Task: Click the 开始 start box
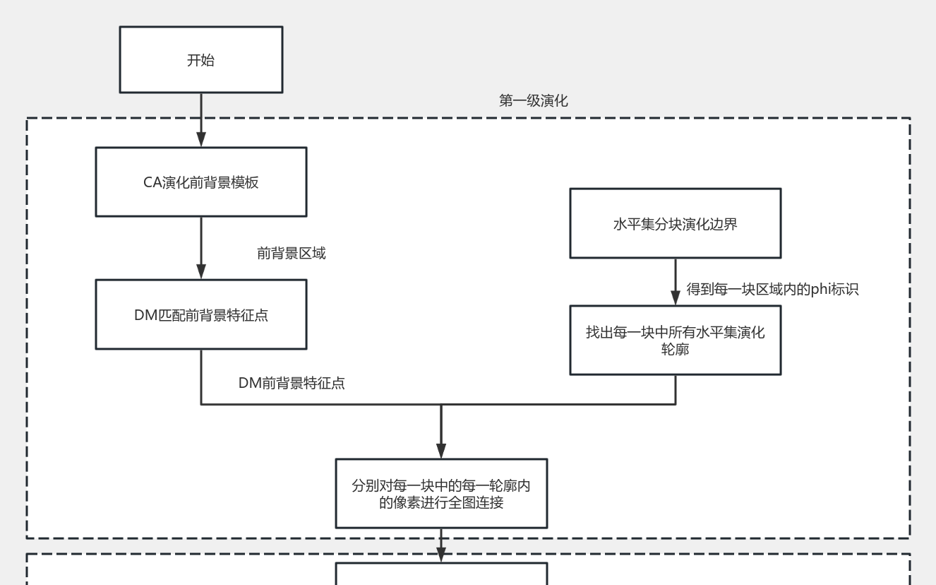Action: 201,60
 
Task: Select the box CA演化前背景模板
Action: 201,182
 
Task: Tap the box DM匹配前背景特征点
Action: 201,315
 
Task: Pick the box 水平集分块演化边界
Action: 675,224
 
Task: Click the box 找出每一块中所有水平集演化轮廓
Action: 675,341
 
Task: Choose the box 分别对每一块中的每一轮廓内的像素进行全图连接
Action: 441,494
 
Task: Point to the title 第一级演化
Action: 533,101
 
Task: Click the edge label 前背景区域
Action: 291,254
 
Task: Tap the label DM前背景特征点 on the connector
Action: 291,384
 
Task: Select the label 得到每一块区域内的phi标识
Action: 772,289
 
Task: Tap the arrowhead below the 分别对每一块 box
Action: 441,555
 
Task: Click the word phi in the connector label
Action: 822,289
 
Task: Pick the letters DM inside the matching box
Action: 145,315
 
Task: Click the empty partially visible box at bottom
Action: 441,574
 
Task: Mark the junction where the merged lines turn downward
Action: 441,405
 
